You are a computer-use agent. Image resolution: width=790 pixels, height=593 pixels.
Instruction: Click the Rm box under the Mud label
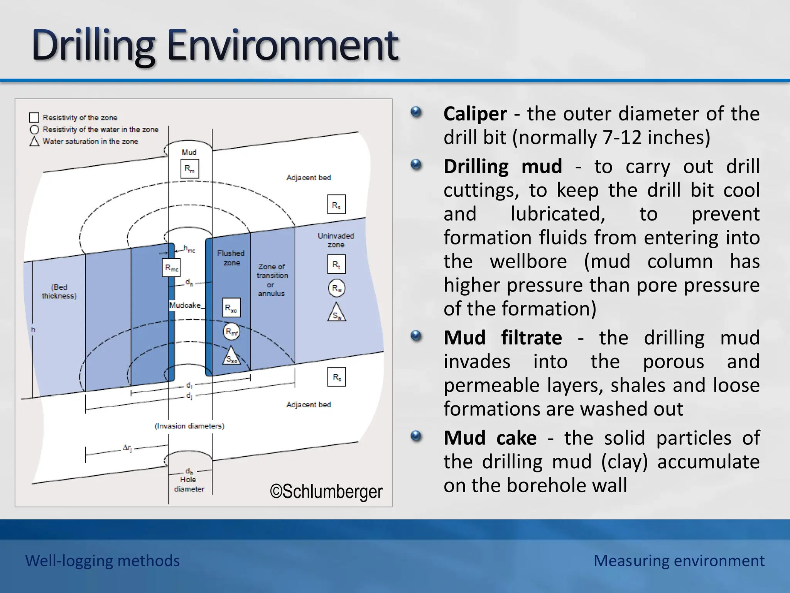[189, 169]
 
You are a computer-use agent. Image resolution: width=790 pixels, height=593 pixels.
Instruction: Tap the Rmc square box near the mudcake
[171, 268]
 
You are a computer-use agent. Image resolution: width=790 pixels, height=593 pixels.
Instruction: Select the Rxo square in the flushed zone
[231, 308]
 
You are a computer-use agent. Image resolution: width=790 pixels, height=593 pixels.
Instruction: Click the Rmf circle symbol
[231, 332]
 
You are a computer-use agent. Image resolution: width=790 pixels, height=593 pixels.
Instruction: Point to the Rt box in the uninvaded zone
[336, 264]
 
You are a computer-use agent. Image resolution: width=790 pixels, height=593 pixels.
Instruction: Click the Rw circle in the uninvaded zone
[336, 288]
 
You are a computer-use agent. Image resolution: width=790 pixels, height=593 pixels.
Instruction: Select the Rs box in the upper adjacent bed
[336, 205]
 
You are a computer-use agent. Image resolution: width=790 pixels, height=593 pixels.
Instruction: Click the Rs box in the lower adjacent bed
[337, 377]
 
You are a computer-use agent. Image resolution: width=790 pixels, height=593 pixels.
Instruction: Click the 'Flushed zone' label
[231, 258]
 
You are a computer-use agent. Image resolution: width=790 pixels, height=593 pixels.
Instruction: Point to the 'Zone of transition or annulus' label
[272, 280]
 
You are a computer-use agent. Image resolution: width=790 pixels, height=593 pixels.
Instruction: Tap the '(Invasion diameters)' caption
[189, 426]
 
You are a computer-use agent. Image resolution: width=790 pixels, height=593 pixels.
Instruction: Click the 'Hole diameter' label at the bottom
[189, 484]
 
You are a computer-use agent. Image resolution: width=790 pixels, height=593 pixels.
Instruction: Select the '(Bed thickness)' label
[59, 291]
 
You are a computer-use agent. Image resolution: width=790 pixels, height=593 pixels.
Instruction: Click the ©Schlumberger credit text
[326, 491]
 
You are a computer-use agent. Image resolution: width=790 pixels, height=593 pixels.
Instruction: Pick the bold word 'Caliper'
[475, 114]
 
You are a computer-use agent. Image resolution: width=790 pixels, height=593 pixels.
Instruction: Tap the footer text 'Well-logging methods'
[102, 561]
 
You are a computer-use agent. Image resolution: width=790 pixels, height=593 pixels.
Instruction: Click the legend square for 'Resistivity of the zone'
[34, 117]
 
